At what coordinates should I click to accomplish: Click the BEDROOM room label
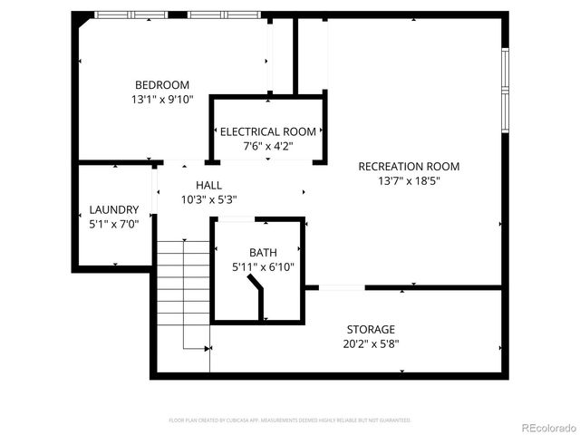click(162, 84)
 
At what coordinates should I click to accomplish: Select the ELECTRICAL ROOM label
click(267, 131)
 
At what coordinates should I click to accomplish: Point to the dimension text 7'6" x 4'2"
click(267, 146)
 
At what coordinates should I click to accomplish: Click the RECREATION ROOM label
click(409, 166)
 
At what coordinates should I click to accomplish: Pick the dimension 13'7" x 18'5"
click(409, 180)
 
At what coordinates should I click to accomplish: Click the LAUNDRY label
click(114, 208)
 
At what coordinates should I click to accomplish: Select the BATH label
click(263, 252)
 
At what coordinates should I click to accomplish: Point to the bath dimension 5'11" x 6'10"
click(263, 266)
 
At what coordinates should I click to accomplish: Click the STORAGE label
click(371, 329)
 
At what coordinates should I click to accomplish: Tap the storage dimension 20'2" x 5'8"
click(371, 343)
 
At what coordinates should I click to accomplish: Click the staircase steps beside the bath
click(183, 290)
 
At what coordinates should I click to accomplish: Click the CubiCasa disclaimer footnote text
click(290, 420)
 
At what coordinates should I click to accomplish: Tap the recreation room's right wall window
click(505, 89)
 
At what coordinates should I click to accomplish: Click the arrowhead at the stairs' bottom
click(208, 348)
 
